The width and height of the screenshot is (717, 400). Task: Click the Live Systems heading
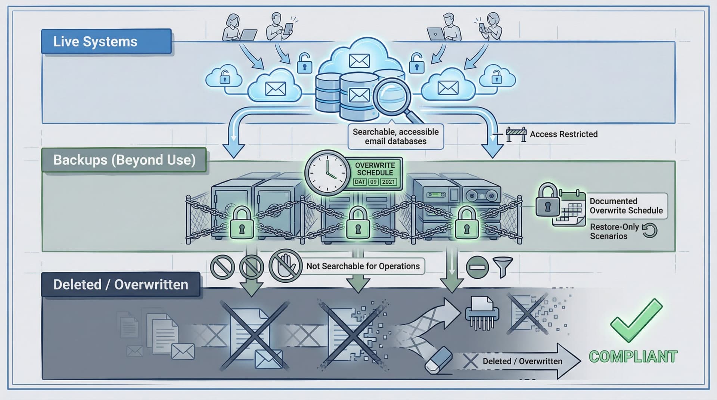point(95,41)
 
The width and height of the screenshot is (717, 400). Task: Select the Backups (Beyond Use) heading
point(124,160)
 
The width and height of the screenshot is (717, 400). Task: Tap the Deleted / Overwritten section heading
point(121,285)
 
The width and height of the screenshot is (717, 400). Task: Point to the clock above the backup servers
point(327,173)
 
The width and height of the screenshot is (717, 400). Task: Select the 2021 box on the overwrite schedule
point(388,182)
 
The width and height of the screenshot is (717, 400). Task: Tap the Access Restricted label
point(564,134)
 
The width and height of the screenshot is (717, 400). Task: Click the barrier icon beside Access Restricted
point(516,134)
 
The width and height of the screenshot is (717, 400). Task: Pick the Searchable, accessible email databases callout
point(395,137)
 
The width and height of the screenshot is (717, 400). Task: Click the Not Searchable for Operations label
point(363,266)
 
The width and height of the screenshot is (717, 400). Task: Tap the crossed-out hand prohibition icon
point(286,266)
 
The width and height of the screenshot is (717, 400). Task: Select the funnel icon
point(503,267)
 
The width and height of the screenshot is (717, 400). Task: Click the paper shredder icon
point(482,313)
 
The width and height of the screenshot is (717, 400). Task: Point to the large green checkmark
point(636,320)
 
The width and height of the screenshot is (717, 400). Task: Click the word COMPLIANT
point(633,357)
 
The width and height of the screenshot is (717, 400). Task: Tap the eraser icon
point(438,360)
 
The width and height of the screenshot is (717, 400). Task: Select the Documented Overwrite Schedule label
point(626,206)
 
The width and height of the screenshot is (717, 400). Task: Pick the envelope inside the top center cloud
point(359,61)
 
